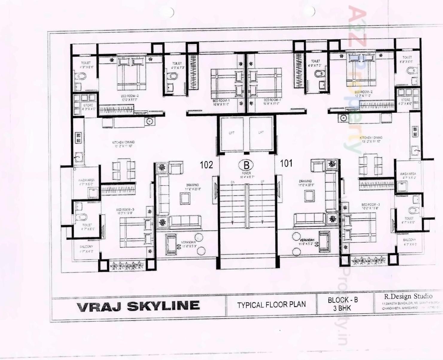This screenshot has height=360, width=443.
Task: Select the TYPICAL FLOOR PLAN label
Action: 271,305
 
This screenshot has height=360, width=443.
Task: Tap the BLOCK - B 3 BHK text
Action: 342,304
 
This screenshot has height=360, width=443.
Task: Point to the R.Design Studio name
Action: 408,296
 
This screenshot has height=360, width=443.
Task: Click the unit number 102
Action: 206,165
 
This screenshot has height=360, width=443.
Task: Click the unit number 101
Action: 286,163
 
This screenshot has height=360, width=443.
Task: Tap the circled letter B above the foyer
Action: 246,165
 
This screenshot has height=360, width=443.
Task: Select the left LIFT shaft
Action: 232,133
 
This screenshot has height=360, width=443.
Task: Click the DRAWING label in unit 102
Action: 192,185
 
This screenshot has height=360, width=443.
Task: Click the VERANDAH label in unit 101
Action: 307,240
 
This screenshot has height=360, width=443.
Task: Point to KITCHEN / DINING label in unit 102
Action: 123,142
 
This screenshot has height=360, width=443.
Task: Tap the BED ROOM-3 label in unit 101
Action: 370,205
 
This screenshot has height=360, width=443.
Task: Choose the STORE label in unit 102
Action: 88,106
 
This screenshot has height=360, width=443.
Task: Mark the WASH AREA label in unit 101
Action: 408,174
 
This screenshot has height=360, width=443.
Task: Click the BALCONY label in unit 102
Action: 86,247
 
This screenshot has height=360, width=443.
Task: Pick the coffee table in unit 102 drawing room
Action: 185,198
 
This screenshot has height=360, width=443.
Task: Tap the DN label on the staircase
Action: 232,182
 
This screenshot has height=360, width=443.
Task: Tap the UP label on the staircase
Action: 262,182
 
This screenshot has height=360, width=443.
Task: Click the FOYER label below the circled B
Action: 246,173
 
